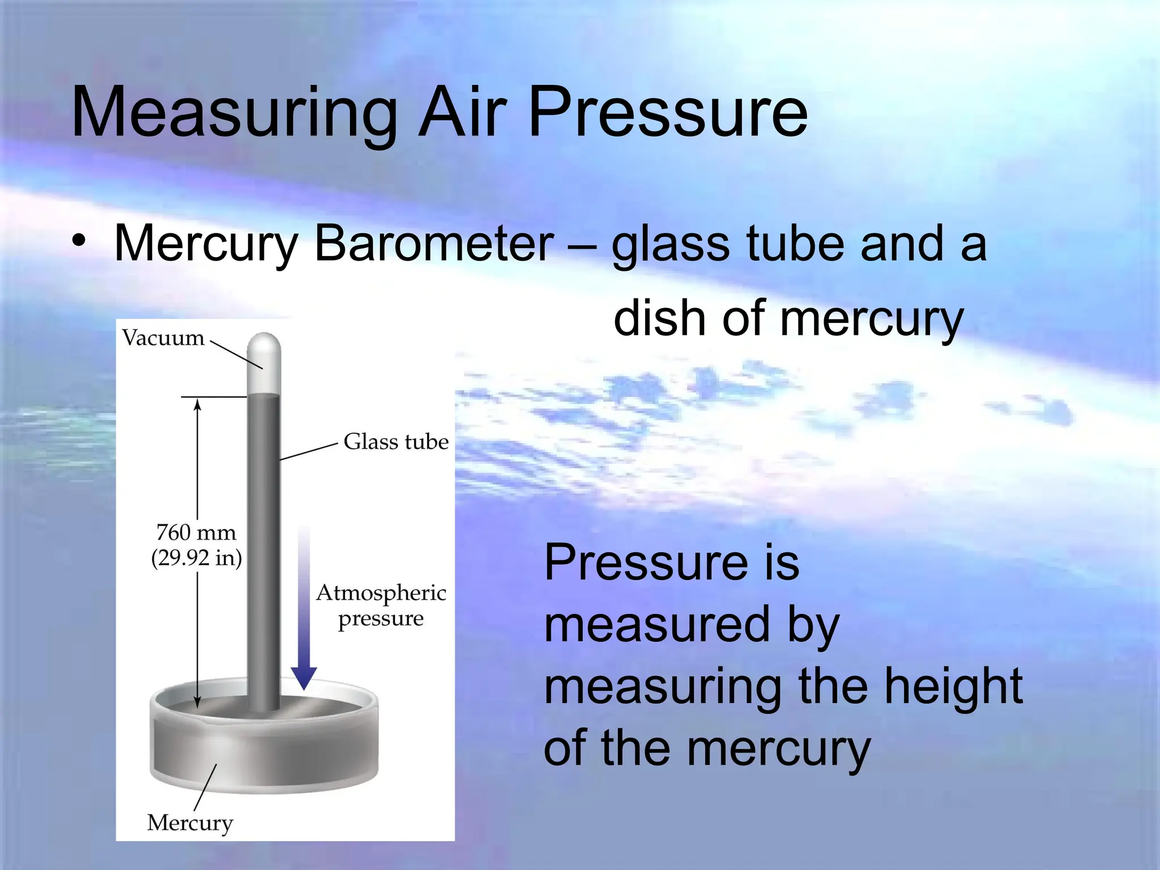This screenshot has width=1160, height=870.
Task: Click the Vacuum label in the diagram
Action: tap(163, 338)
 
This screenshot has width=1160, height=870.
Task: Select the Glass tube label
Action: tap(396, 441)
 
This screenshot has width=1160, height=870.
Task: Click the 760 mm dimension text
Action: tap(196, 532)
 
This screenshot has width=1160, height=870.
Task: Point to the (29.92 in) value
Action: tap(196, 558)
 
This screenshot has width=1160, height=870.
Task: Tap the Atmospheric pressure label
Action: tap(381, 605)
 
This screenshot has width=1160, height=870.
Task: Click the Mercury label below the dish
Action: tap(190, 822)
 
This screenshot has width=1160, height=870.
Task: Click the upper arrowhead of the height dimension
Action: tap(197, 403)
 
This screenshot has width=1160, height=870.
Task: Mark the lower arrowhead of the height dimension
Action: tap(197, 702)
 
